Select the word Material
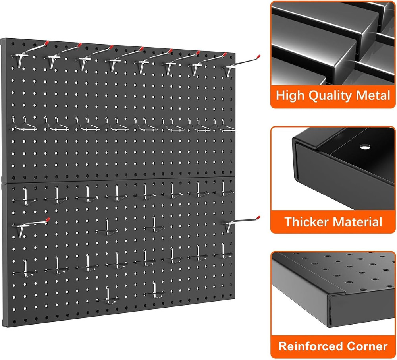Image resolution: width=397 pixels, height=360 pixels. (x=358, y=221)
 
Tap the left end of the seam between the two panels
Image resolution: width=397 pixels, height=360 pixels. (x=3, y=183)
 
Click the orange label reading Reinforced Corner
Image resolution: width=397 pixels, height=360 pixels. (x=333, y=346)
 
